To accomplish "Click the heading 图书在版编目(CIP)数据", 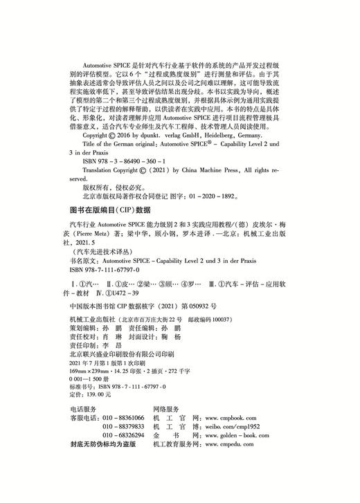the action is pyautogui.click(x=111, y=209).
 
